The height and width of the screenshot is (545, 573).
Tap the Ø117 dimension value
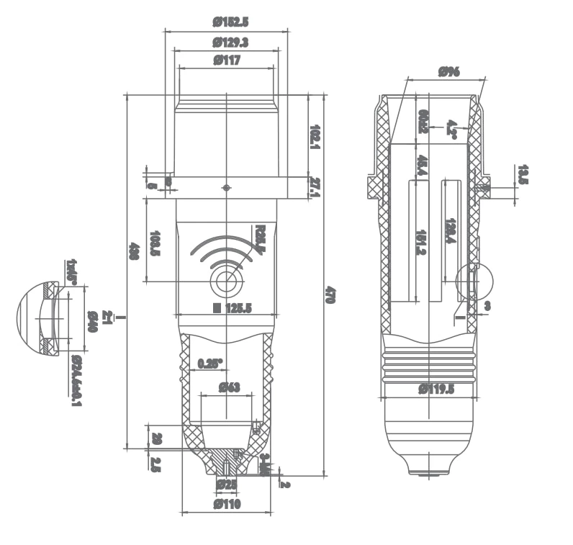coord(226,61)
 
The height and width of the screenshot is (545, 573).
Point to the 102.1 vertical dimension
coord(315,137)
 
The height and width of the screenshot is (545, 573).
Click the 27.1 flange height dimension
coord(315,186)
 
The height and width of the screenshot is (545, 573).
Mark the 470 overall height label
coord(330,295)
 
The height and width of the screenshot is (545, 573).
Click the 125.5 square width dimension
coord(232,308)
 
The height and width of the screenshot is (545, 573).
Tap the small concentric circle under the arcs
coord(227,281)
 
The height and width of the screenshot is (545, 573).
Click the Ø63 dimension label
coord(227,387)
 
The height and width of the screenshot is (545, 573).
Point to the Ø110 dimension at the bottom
coord(227,505)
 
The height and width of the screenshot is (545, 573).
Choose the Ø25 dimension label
coord(227,484)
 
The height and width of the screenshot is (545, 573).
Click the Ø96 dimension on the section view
coord(448,71)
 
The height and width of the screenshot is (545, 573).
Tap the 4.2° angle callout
coord(452,128)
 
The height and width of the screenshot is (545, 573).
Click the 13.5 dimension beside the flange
coord(523,175)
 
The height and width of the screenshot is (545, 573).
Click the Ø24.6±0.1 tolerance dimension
coord(76,379)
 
